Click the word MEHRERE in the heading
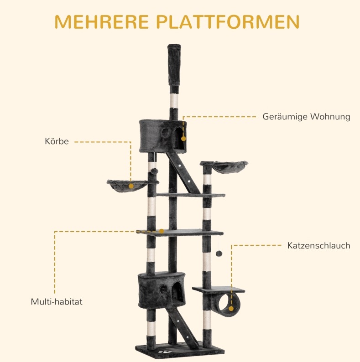pos(102,22)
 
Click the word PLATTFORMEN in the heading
pos(228,22)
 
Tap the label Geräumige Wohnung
pos(307,117)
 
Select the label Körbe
pos(57,141)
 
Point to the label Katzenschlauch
pos(318,245)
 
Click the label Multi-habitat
pos(57,302)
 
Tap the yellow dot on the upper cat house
pos(183,139)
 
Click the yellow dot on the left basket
pos(131,186)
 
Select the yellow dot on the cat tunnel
pos(231,309)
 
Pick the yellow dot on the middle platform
pos(162,231)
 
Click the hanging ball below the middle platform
pos(219,253)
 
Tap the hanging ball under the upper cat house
pos(155,171)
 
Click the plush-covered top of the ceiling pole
pos(174,65)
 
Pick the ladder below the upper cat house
pos(183,173)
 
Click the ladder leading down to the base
pos(182,328)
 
